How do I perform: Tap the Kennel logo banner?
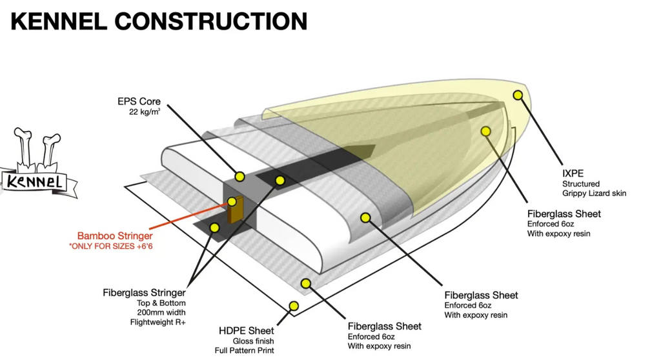(36, 181)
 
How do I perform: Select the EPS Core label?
(139, 101)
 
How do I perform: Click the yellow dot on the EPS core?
(239, 175)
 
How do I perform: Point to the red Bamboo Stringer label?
(116, 235)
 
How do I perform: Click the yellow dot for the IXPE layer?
(517, 95)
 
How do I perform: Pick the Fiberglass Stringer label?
(144, 292)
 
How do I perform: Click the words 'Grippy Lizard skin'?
(594, 193)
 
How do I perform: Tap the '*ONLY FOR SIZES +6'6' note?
(116, 246)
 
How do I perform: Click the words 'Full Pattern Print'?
(244, 350)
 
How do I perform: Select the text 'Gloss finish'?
(253, 341)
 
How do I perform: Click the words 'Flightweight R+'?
(158, 323)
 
